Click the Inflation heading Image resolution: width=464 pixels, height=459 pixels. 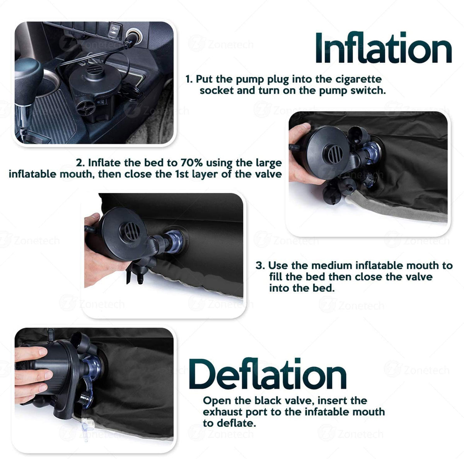(x=383, y=48)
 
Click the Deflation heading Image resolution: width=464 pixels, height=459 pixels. (x=268, y=374)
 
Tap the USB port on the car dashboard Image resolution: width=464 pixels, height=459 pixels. (x=115, y=31)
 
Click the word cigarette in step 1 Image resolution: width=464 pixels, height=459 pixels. (x=358, y=79)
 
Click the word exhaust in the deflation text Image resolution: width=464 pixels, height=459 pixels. (x=222, y=412)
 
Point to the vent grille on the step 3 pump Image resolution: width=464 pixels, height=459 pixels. (x=131, y=231)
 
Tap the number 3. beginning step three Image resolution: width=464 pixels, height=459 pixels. (x=260, y=265)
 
